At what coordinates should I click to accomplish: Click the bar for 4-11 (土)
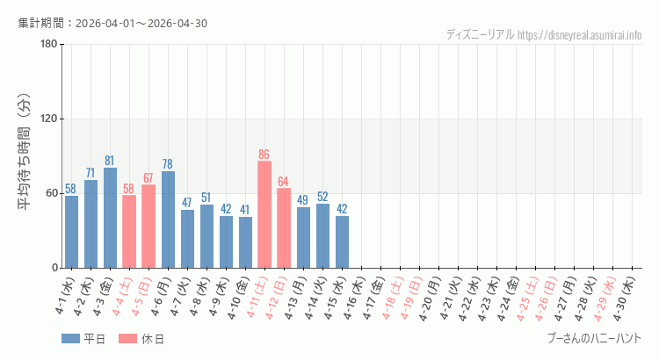[264, 214]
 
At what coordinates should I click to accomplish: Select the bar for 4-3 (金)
[110, 218]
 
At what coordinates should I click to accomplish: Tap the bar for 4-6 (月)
[168, 220]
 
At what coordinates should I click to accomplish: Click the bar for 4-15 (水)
[342, 241]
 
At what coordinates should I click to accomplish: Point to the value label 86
[264, 155]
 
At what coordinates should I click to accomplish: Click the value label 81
[110, 161]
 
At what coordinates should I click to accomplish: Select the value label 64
[284, 182]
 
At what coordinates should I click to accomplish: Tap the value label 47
[187, 203]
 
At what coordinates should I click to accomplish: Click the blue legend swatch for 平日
[70, 339]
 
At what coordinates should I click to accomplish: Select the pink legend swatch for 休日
[127, 339]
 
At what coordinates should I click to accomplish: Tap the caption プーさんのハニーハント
[594, 338]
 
